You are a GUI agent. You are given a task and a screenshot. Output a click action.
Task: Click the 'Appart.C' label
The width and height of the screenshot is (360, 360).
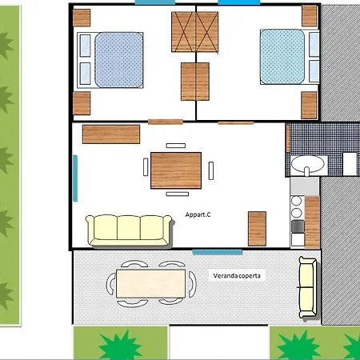pos(198,214)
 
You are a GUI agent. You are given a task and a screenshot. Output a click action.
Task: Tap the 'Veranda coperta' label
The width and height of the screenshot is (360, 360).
pos(237,276)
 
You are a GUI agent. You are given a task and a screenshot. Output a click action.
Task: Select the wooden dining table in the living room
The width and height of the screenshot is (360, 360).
pos(176,170)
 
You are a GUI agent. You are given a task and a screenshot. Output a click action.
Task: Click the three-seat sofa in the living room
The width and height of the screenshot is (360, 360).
pos(130,230)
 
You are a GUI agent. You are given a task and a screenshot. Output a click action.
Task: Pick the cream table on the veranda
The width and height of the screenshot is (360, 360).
pos(151,283)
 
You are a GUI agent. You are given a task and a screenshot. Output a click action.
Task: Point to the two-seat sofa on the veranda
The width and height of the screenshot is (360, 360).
pos(308,287)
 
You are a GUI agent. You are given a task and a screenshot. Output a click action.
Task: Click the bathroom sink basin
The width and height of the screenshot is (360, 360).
pos(307,164)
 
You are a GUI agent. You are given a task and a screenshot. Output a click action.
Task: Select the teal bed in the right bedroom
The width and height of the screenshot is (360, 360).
pos(290,57)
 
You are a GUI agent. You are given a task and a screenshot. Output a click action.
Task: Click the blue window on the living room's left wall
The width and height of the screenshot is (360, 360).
pos(75,178)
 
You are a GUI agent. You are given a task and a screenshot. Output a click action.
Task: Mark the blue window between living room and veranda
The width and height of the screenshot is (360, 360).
pos(218,252)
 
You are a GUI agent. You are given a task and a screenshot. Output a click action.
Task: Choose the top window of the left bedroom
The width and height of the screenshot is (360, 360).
pos(155,2)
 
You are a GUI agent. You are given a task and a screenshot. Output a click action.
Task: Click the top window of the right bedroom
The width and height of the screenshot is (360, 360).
pos(239,2)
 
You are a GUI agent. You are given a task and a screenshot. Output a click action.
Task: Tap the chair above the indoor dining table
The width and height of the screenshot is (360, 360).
pos(176,146)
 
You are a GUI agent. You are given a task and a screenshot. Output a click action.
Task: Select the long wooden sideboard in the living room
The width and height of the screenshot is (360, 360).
pos(111,134)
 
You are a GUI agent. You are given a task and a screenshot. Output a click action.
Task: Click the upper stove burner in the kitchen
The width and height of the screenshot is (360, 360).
pos(296,201)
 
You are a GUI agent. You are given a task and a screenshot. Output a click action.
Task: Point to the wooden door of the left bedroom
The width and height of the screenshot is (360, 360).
pos(166,122)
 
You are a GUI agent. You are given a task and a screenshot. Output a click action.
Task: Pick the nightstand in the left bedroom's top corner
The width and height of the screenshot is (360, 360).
pos(82,18)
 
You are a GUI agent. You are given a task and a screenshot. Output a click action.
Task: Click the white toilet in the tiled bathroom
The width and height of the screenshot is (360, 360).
pos(350,164)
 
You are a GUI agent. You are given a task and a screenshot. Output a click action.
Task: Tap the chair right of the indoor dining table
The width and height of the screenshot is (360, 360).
pos(211,170)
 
